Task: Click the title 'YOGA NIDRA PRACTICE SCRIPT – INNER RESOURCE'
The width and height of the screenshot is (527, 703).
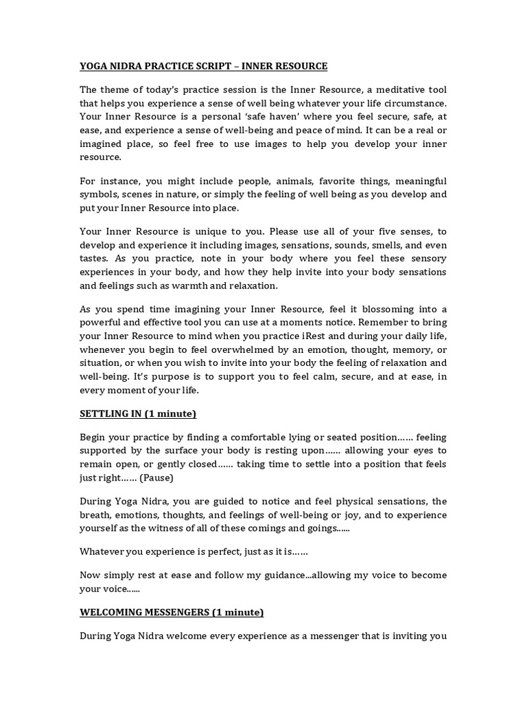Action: point(203,67)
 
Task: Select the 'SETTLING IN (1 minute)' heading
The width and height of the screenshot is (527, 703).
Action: point(138,414)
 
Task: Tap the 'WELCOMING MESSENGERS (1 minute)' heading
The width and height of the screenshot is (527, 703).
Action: point(172,612)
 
